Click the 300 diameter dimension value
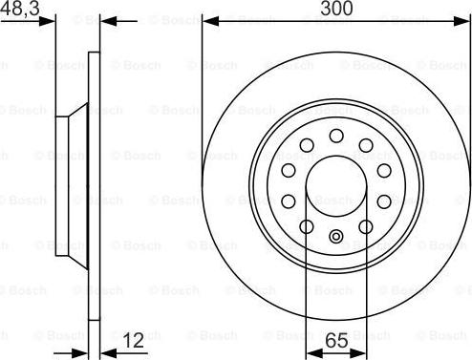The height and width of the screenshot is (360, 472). click(x=335, y=9)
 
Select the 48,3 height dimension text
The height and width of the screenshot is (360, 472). click(x=19, y=9)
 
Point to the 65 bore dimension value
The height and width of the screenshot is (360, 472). click(x=335, y=338)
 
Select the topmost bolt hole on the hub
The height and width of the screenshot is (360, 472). click(x=335, y=137)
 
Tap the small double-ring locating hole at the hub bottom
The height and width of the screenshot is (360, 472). click(x=335, y=236)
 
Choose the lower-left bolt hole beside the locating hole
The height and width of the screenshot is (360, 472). click(x=307, y=225)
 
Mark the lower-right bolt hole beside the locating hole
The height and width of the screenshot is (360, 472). click(x=365, y=225)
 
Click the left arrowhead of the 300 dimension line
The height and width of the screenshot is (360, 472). click(x=207, y=19)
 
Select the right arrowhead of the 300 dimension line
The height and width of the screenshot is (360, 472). click(x=464, y=19)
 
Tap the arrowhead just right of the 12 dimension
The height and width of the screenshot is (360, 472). click(x=105, y=339)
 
